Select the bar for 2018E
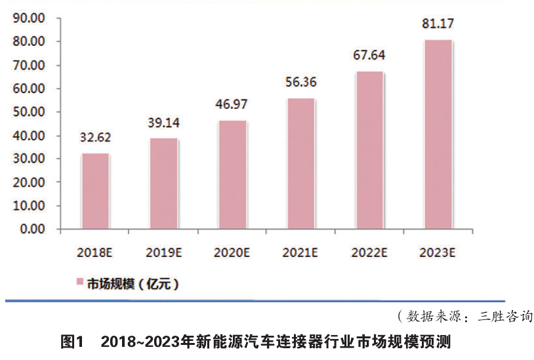coord(95,191)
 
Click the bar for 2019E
coord(163,184)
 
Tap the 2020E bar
coord(232,175)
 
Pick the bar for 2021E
coord(300,164)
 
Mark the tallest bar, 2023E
coord(438,134)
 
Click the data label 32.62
coord(94,138)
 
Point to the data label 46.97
coord(232,106)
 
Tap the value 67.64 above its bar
coord(369,56)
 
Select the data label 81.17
coord(438,26)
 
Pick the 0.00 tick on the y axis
coord(32,230)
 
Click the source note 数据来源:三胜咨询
coord(462,317)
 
